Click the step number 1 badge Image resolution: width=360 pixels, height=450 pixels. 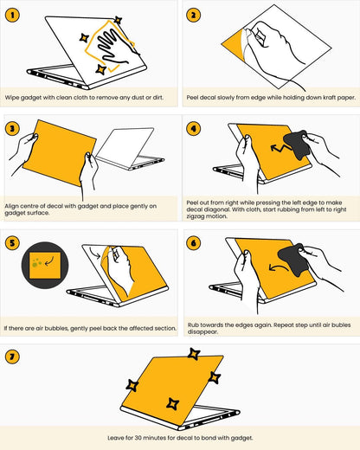point(12,15)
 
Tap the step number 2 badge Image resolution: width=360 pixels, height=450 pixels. point(193,15)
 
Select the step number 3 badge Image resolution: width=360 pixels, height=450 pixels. point(12,128)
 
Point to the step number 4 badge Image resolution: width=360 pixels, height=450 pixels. point(193,128)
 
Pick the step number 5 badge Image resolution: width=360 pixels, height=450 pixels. point(12,242)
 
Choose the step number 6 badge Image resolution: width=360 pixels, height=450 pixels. point(193,242)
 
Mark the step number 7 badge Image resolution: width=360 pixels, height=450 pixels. point(12,357)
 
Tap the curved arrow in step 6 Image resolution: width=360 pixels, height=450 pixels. point(278,267)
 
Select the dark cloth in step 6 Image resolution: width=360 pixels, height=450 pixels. point(292,260)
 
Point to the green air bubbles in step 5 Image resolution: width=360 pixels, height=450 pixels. point(36,262)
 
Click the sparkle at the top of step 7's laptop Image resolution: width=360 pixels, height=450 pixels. point(194,354)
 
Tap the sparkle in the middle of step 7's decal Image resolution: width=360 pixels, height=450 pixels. point(172,403)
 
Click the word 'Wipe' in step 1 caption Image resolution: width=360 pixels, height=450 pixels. point(12,98)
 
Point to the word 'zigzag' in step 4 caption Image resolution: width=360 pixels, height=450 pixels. point(197,216)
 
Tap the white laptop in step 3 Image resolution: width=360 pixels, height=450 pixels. point(130,149)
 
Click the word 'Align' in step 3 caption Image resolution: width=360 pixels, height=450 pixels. point(11,206)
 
